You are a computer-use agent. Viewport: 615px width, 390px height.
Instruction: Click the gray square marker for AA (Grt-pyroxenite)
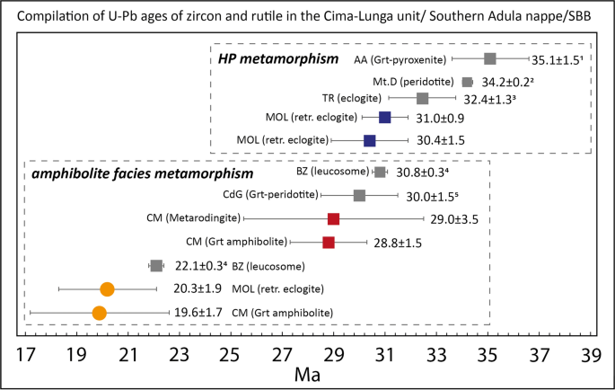(x=490, y=59)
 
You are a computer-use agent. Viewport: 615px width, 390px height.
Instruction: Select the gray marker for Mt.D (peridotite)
(x=467, y=82)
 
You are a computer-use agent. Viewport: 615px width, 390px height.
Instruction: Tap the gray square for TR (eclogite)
(x=423, y=98)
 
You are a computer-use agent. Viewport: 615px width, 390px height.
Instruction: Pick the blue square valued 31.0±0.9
(x=385, y=117)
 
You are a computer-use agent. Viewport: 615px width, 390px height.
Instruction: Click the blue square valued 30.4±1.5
(x=369, y=140)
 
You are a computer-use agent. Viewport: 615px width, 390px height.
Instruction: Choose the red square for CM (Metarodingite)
(x=333, y=218)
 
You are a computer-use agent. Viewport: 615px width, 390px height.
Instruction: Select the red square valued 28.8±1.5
(x=329, y=243)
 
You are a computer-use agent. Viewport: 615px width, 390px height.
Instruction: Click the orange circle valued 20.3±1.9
(x=107, y=289)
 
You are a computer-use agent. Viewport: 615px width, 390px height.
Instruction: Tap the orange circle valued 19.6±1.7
(x=99, y=313)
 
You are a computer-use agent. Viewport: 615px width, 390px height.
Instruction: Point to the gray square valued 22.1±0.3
(x=156, y=265)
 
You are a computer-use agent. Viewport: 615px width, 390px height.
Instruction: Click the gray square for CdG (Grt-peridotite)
(x=359, y=195)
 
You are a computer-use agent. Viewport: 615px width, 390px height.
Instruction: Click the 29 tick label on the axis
(x=334, y=354)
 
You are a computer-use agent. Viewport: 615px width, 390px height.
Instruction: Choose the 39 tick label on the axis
(x=591, y=354)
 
